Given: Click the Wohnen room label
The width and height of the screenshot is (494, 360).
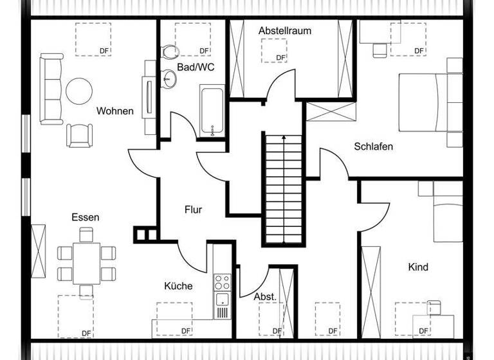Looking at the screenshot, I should pos(114,111).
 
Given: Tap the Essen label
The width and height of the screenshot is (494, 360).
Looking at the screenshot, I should pos(85,217).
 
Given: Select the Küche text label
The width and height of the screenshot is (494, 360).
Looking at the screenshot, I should pos(178,286).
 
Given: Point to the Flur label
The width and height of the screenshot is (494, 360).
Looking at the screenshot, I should pos(193,210).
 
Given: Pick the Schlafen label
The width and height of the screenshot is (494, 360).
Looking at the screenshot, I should pos(373,147).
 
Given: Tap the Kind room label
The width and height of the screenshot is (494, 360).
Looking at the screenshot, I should pos(417,267).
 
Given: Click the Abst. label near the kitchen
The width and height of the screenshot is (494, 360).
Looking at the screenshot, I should pos(265,297).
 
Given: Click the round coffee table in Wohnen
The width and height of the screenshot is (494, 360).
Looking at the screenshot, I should pos(79,91).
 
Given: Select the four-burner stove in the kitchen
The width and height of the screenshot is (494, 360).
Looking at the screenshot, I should pos(222,282).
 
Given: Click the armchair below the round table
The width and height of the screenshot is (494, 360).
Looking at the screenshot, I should pos(79,134).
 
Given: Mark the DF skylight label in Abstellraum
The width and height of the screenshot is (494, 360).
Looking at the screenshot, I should pos(280,58).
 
